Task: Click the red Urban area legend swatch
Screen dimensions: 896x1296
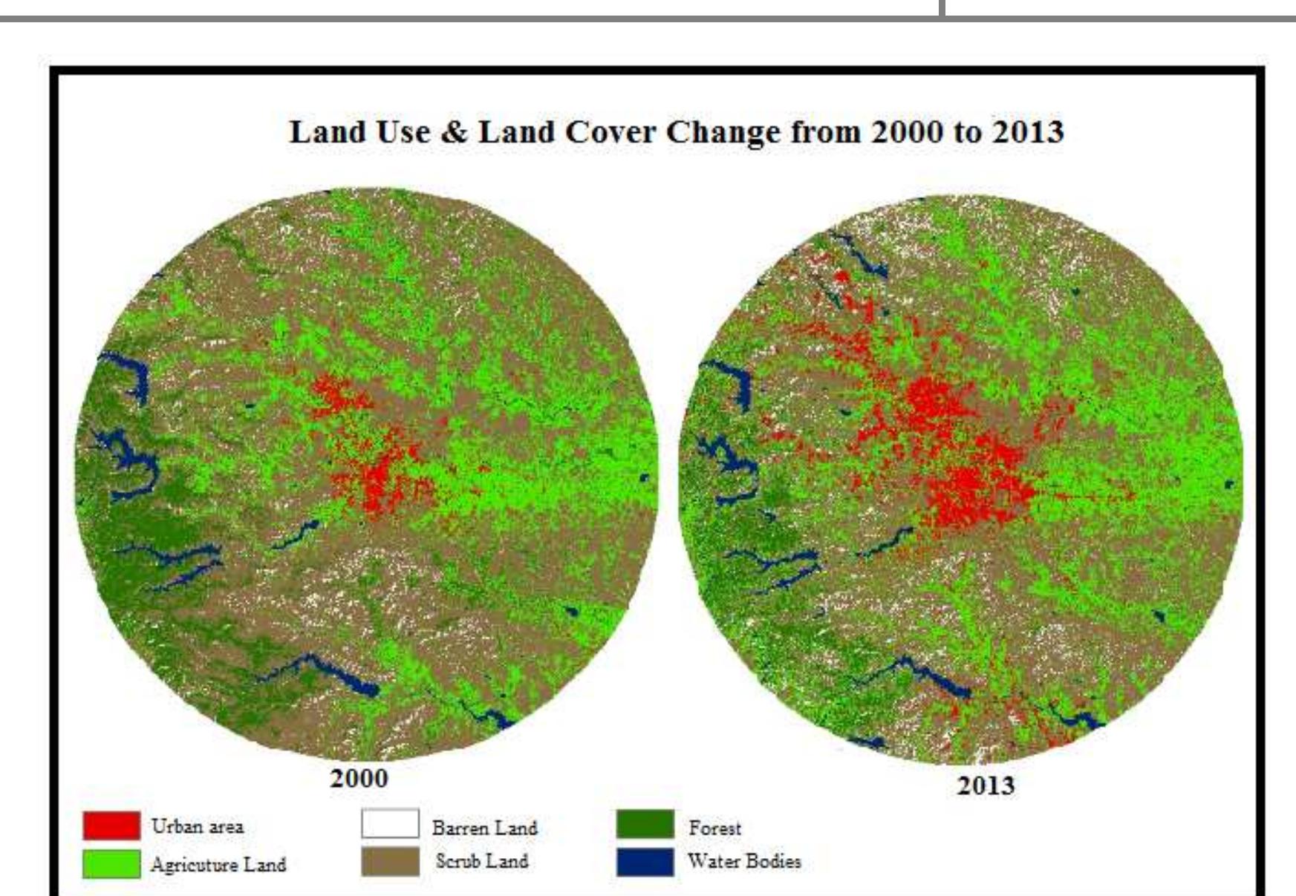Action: (x=111, y=825)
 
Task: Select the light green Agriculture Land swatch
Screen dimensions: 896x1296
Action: (x=111, y=863)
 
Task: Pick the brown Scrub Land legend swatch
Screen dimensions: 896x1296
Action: (x=390, y=862)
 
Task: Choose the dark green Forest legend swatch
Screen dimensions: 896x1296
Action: (x=645, y=825)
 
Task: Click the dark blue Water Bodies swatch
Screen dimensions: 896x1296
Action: (x=645, y=862)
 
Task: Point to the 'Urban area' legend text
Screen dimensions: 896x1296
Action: (x=197, y=826)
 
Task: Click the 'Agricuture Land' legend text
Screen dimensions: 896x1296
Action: (x=218, y=865)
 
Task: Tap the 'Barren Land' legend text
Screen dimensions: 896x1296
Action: (x=484, y=828)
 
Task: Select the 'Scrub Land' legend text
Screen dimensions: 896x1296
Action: (x=482, y=861)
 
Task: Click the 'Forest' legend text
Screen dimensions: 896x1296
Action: (x=714, y=828)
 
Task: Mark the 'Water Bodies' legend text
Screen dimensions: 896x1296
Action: (x=744, y=861)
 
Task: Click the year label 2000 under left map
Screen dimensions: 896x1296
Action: (x=359, y=779)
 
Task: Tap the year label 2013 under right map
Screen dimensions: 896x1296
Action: (x=985, y=785)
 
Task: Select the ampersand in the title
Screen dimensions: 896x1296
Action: (x=454, y=133)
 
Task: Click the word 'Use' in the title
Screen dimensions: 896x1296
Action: (x=402, y=133)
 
